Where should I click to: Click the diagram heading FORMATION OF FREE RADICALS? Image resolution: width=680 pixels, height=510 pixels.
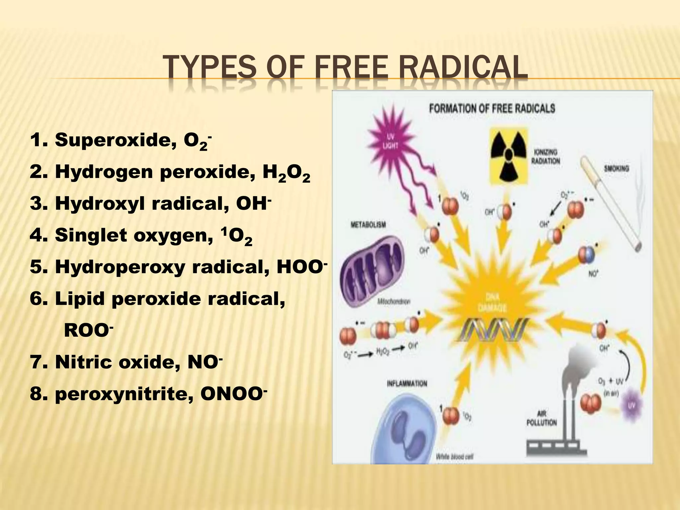[492, 109]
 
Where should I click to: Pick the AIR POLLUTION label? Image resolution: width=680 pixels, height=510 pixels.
[542, 418]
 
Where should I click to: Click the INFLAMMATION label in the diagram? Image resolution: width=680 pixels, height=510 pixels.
[407, 384]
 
